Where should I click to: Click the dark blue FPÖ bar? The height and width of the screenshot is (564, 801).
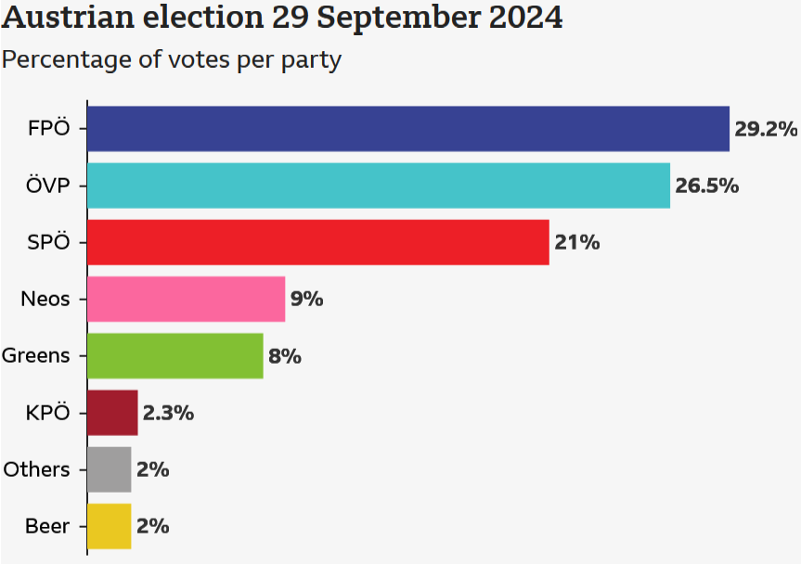coord(408,129)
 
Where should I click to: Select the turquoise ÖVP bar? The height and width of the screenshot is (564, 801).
coord(379,186)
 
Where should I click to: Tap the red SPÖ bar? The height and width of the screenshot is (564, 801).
coord(318,242)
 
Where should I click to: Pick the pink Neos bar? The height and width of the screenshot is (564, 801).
coord(186,299)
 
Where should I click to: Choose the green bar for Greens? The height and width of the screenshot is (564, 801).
coord(175,356)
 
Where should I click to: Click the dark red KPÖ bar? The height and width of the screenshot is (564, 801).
coord(112,413)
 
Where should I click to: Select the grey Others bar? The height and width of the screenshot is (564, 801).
coord(110,469)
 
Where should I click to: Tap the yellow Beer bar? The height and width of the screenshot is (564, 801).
coord(110,526)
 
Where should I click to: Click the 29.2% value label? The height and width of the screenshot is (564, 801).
coord(766,129)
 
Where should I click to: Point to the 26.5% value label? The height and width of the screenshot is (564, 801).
coord(706,186)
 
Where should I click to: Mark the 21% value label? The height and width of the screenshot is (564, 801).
coord(577,242)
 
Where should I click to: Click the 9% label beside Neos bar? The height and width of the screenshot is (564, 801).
coord(306,299)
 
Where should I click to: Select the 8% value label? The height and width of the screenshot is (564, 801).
coord(285,356)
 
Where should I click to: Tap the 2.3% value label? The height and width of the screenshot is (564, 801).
coord(168,413)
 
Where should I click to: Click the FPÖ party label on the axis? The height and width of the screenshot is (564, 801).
coord(49,129)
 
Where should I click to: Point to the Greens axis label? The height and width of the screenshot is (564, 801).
coord(36,356)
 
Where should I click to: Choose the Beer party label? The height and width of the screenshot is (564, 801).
coord(47,526)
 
